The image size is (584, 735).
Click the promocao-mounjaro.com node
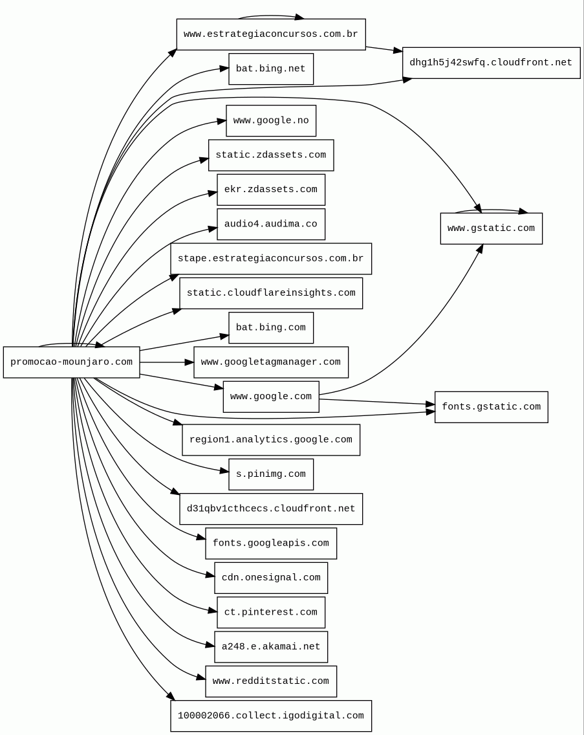tap(71, 362)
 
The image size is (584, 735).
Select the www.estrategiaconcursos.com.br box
tap(270, 34)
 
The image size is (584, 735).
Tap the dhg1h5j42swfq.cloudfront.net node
tap(491, 63)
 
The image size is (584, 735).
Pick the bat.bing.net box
tap(270, 69)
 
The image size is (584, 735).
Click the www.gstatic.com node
tap(491, 228)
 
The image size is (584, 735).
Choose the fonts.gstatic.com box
tap(491, 407)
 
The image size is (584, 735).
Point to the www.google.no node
tap(270, 121)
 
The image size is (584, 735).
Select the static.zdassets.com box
tap(270, 155)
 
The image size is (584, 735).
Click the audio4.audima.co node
tap(270, 225)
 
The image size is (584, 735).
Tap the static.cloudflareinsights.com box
tap(270, 293)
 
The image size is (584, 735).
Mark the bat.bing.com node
tap(270, 328)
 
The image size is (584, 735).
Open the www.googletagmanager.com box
tap(270, 362)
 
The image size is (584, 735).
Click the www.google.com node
tap(270, 397)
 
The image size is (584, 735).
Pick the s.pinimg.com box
tap(270, 474)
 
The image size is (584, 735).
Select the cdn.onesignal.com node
tap(270, 578)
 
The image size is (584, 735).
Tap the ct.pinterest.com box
tap(270, 613)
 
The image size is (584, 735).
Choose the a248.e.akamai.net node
tap(270, 647)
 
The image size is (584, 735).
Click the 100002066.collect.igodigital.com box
tap(270, 716)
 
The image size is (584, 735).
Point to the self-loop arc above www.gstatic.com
tap(491, 210)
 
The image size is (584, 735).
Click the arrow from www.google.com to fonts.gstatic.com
tap(375, 402)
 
